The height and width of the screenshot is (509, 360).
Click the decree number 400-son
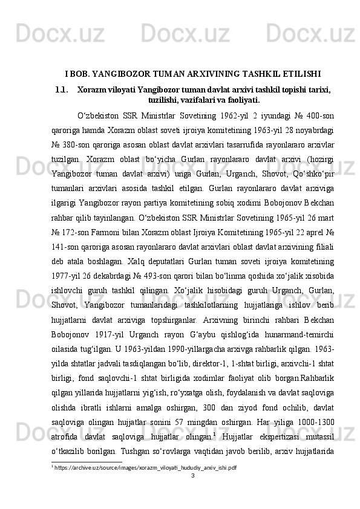(x=336, y=115)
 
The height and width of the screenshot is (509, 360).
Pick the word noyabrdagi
(x=313, y=131)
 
